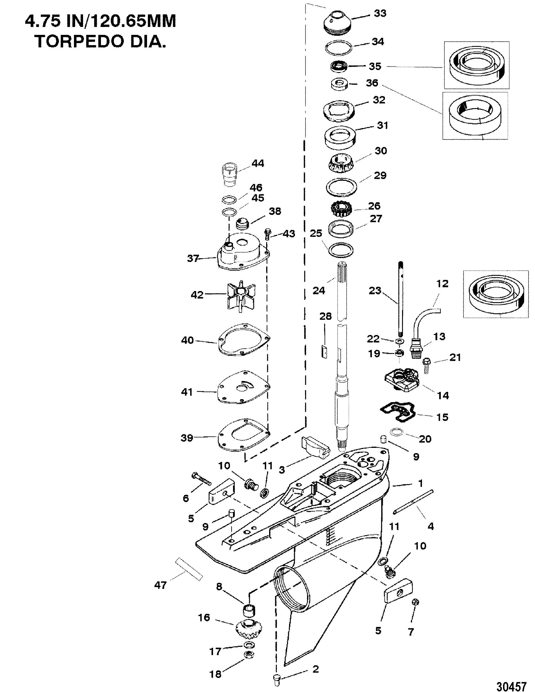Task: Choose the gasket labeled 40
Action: [243, 339]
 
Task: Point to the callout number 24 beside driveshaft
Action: [319, 290]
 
